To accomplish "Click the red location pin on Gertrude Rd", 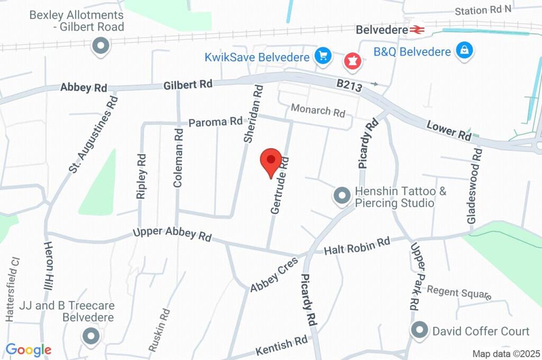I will click(272, 160).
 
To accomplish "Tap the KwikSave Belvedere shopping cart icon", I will click(322, 55).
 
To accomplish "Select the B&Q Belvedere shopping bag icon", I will click(464, 51).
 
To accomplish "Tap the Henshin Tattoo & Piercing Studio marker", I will click(342, 196).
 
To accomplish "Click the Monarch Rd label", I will click(318, 112).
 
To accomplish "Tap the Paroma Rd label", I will click(216, 122).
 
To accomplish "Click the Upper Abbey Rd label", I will click(172, 234).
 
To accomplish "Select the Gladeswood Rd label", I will click(475, 185).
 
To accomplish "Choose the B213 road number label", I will click(350, 86).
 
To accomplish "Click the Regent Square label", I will click(459, 292).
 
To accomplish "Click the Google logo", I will click(29, 350).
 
